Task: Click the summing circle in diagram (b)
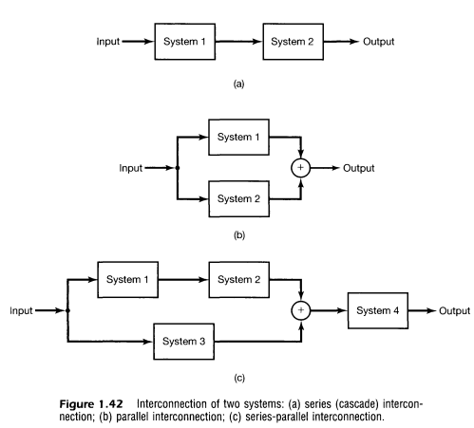point(301,168)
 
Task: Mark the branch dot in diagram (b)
point(178,168)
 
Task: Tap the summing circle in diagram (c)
point(301,310)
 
